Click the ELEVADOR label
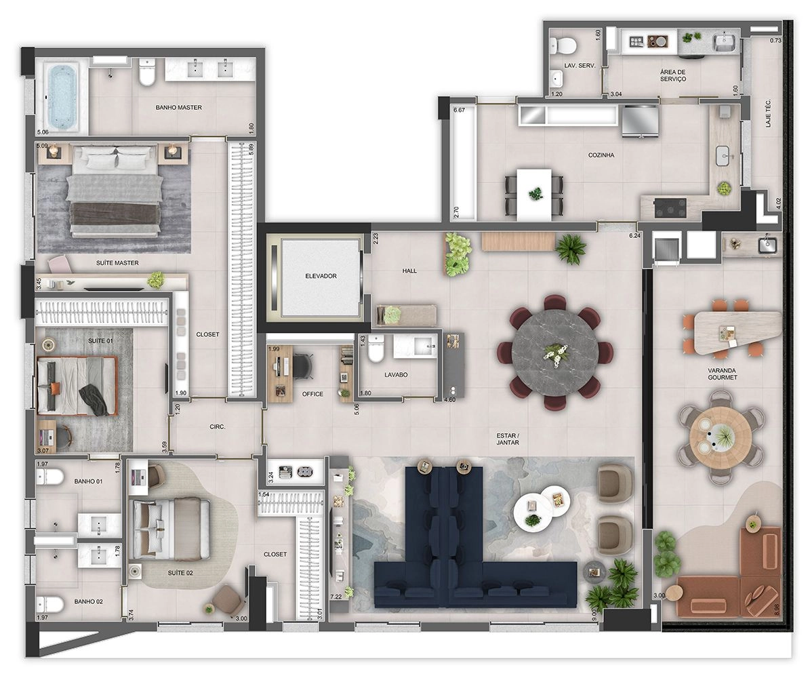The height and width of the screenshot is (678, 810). coord(321,276)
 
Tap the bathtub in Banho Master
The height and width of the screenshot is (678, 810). coord(62,96)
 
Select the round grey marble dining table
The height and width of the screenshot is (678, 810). coord(555,353)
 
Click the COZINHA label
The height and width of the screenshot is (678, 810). coord(601,155)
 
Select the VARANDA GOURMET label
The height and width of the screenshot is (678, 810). coord(723,374)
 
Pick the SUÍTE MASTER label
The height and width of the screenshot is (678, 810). coord(117,263)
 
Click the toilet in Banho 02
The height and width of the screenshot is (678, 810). coord(50,603)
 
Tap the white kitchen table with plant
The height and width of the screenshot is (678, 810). coord(535,195)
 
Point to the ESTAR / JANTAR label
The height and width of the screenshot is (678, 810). coord(508,439)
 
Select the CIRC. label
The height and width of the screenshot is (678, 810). coord(218,427)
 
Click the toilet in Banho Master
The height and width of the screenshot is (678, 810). coord(147,72)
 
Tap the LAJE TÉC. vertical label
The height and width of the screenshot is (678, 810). coord(769,113)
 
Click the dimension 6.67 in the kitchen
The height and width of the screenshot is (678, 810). coord(460,110)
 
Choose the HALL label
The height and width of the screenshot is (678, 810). coord(409,271)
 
